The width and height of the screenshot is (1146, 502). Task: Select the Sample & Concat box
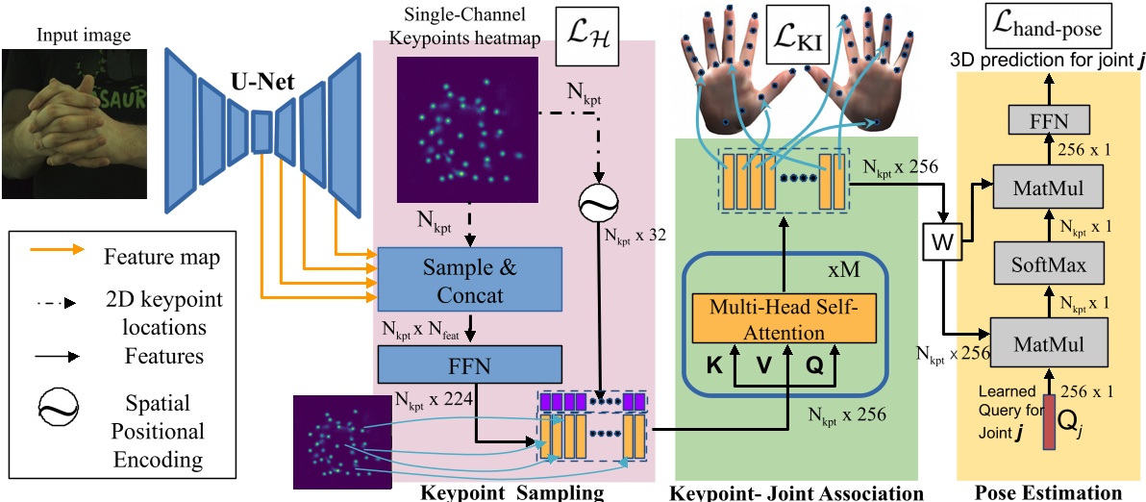(468, 278)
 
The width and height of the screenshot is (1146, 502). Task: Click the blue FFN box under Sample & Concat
(469, 364)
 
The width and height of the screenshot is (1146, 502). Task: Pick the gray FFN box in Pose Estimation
(1049, 121)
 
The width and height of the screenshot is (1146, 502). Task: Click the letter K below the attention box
(714, 366)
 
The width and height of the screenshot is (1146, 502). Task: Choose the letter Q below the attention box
(814, 366)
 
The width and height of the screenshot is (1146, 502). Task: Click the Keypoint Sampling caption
(512, 491)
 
